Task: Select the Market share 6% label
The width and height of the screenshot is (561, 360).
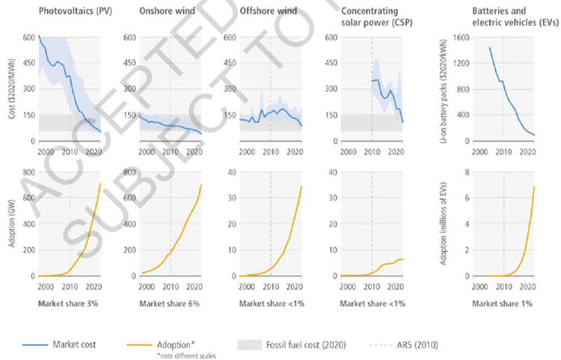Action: [x=164, y=305]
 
